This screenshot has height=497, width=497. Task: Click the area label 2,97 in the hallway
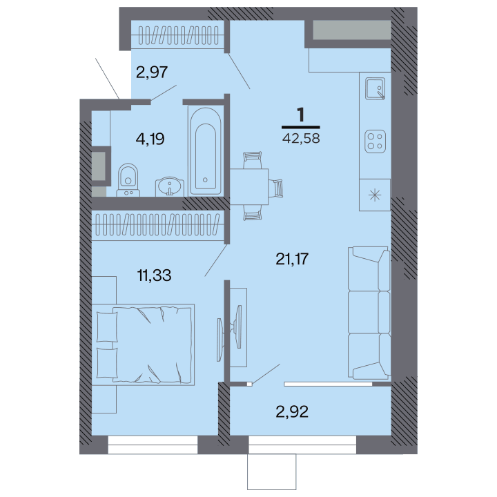[x=151, y=72]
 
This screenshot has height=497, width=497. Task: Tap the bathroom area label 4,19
[x=150, y=139]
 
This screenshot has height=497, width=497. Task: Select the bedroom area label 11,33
[x=154, y=275]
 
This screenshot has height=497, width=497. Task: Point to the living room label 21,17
[x=292, y=259]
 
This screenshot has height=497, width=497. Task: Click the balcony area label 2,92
[x=292, y=411]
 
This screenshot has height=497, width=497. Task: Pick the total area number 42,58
[x=301, y=139]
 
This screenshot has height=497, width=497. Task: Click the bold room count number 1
[x=300, y=115]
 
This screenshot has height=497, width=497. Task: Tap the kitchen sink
[x=375, y=88]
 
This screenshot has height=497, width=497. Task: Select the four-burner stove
[x=375, y=142]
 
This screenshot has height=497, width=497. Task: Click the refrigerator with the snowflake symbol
[x=375, y=195]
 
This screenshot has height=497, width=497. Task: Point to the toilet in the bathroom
[x=128, y=179]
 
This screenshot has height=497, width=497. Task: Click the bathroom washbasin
[x=170, y=186]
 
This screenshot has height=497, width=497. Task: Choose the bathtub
[x=205, y=150]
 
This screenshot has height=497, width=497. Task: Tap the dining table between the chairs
[x=249, y=186]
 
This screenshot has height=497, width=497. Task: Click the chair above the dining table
[x=253, y=160]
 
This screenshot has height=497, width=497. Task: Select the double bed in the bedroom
[x=144, y=344]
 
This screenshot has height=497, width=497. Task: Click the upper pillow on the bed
[x=107, y=327]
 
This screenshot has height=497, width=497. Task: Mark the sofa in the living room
[x=369, y=313]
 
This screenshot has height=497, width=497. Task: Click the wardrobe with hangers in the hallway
[x=179, y=35]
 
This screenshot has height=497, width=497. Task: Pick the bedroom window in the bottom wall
[x=153, y=445]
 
